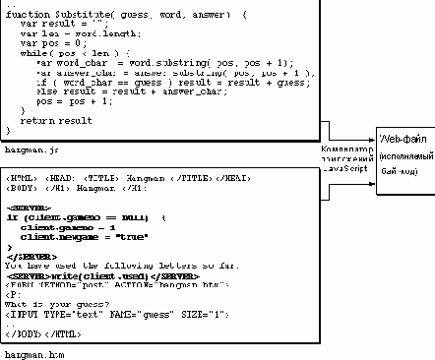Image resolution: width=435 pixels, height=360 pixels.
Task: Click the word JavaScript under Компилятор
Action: (x=343, y=167)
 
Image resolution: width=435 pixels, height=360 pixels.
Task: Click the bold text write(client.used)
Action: (x=109, y=274)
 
